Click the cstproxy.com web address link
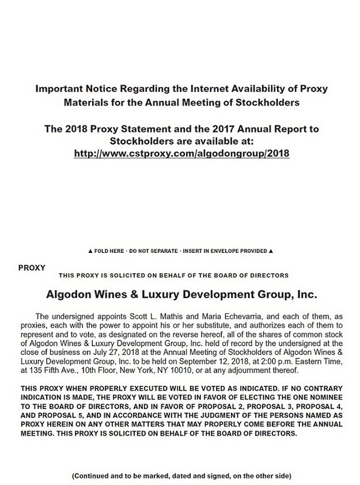tap(181, 154)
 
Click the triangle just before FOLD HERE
tap(90, 251)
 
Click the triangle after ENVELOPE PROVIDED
tap(271, 251)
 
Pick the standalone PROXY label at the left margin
tap(32, 268)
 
